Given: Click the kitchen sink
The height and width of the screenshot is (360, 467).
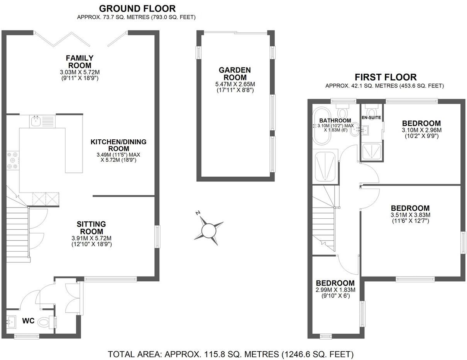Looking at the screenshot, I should pos(37,122).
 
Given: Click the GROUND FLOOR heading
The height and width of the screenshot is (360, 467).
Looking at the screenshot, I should pos(137,8).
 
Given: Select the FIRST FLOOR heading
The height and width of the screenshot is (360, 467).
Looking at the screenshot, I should pos(386,77).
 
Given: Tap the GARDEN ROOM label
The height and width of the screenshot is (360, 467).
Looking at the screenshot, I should pos(235,74).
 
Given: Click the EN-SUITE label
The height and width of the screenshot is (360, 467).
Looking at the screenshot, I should pos(371,117).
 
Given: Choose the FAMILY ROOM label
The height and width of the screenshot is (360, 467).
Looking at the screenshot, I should pos(80,61).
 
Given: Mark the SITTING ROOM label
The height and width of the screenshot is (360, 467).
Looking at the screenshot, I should pos(91,228).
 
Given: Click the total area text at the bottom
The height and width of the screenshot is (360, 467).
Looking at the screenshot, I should pos(230,354).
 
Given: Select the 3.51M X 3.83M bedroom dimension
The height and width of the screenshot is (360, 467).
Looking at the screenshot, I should pos(410,215).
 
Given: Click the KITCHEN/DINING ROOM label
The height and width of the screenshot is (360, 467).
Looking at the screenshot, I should pos(118,145).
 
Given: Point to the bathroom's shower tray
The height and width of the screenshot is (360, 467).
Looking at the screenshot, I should pos(326,166).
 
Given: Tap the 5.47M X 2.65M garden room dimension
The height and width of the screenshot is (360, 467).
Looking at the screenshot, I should pos(235,84).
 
